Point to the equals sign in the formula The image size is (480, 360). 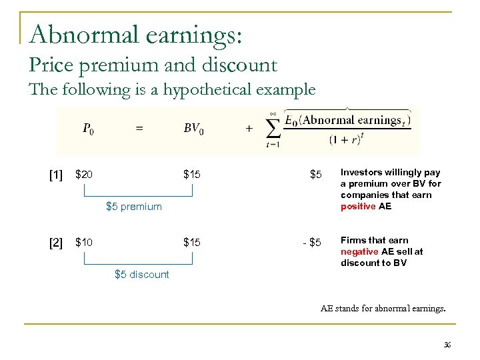click(x=139, y=129)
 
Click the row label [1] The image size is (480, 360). click(x=56, y=175)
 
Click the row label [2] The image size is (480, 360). click(x=56, y=242)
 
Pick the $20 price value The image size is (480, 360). click(x=84, y=175)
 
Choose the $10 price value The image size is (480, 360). click(x=84, y=241)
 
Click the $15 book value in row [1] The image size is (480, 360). click(x=192, y=175)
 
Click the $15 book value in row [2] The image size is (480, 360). click(x=192, y=241)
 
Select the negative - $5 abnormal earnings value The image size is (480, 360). click(x=311, y=241)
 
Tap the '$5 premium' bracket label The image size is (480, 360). click(x=134, y=207)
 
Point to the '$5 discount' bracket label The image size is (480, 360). click(x=142, y=275)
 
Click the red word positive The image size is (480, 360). click(x=358, y=207)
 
